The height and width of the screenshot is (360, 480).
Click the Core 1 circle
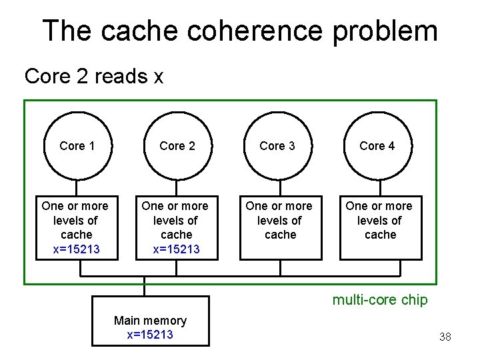tap(77, 146)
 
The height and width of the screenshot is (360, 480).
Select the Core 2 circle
tap(177, 146)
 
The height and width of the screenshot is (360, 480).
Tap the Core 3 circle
tap(277, 146)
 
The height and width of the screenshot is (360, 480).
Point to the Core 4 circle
tap(377, 146)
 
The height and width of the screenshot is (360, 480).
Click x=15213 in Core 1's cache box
tap(76, 249)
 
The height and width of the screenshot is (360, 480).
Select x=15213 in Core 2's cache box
tap(176, 249)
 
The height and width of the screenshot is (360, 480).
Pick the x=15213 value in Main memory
tap(150, 335)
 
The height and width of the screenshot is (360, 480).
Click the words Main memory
tap(150, 321)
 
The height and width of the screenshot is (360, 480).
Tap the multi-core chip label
tap(380, 300)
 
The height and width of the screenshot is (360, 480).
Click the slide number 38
tap(445, 337)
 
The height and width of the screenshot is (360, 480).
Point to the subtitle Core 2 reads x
tap(93, 77)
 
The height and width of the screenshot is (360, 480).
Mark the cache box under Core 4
tap(380, 227)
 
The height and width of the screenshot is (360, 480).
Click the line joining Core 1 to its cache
tap(77, 187)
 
